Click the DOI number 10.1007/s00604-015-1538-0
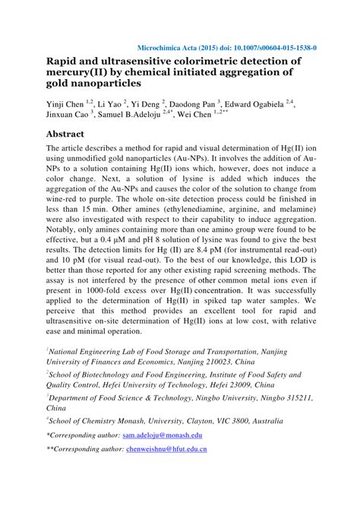click(262, 46)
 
